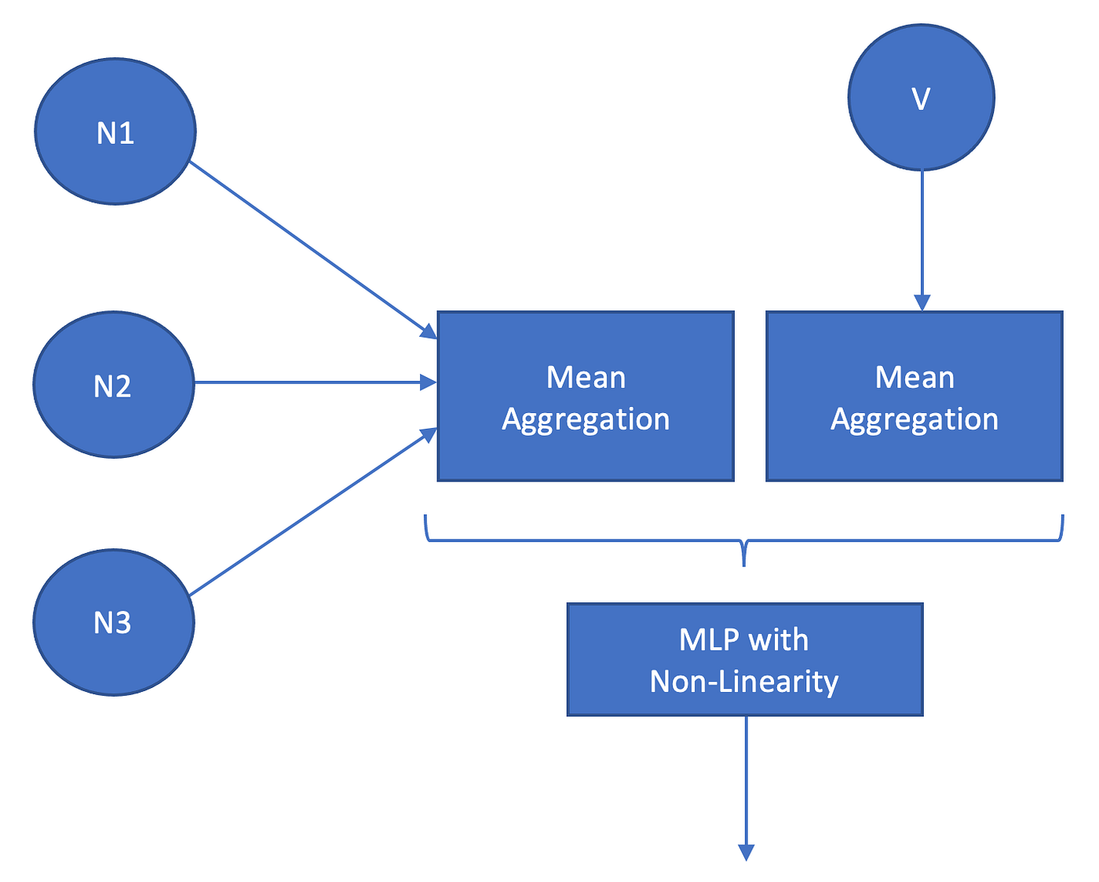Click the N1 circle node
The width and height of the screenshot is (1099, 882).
click(115, 132)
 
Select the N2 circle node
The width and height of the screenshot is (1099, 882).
click(114, 385)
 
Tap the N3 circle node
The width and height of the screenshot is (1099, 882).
click(114, 622)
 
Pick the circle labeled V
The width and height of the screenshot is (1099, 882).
click(922, 97)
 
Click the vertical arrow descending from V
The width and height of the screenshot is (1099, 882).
click(922, 236)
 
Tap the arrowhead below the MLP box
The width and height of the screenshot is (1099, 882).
click(746, 852)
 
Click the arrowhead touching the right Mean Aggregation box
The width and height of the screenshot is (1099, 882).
click(922, 303)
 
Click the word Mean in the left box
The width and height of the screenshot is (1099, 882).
click(586, 378)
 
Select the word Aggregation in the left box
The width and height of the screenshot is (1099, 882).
click(586, 419)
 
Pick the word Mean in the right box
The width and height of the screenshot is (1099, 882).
click(915, 378)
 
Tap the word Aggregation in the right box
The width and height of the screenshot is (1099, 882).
click(915, 419)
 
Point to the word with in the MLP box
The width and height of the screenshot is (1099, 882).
click(778, 640)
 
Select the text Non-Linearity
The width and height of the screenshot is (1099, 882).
click(744, 681)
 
